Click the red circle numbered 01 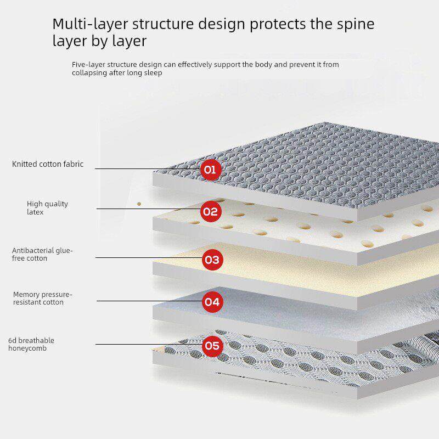[x=210, y=170]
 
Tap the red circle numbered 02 [x=211, y=211]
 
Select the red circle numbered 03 [x=212, y=260]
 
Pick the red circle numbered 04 [x=212, y=301]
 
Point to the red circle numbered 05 [x=212, y=346]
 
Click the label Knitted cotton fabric [x=48, y=164]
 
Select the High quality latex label [x=47, y=208]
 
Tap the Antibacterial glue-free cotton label [x=42, y=255]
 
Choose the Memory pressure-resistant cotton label [x=42, y=299]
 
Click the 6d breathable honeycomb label [x=31, y=345]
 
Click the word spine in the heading [x=353, y=24]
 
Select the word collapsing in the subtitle [x=89, y=73]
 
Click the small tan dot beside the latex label [x=139, y=204]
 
